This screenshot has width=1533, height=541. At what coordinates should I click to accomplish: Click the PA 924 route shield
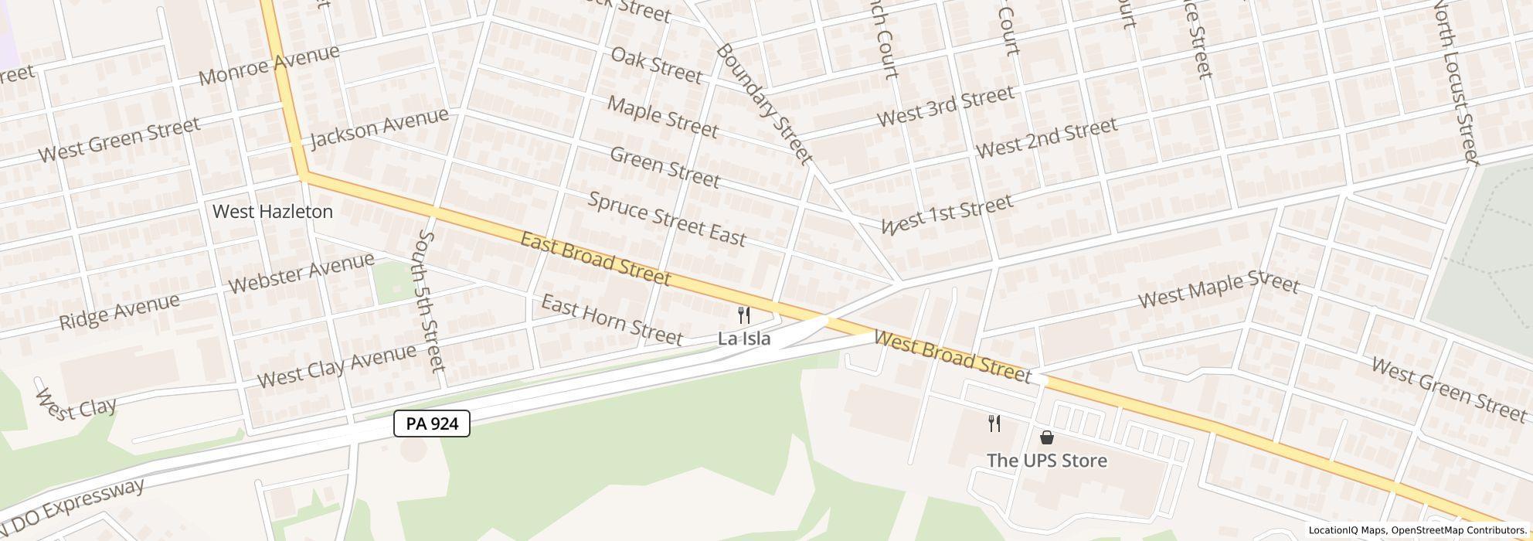[x=432, y=424]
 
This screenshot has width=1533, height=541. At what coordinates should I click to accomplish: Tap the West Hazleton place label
[x=273, y=212]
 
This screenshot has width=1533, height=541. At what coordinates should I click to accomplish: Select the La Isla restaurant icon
[x=744, y=315]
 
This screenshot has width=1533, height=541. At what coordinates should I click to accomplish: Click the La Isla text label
[x=744, y=339]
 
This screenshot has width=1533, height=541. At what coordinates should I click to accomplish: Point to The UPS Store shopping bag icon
[x=1047, y=437]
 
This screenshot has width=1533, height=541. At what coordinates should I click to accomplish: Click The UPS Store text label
[x=1046, y=461]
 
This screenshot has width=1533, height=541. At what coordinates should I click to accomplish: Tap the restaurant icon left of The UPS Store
[x=994, y=424]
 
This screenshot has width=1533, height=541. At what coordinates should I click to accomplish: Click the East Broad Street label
[x=595, y=258]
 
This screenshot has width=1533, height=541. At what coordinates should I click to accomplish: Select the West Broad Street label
[x=953, y=357]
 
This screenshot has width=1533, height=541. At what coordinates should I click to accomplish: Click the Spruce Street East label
[x=667, y=219]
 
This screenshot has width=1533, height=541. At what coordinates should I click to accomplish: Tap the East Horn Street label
[x=611, y=320]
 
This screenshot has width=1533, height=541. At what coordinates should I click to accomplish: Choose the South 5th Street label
[x=431, y=300]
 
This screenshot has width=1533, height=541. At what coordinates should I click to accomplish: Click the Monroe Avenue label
[x=269, y=66]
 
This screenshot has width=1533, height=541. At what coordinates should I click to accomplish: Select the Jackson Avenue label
[x=379, y=128]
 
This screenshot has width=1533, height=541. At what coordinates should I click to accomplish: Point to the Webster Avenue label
[x=301, y=273]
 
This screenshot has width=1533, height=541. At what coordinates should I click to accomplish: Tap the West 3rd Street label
[x=945, y=107]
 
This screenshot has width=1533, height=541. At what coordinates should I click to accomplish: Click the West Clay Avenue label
[x=336, y=366]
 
